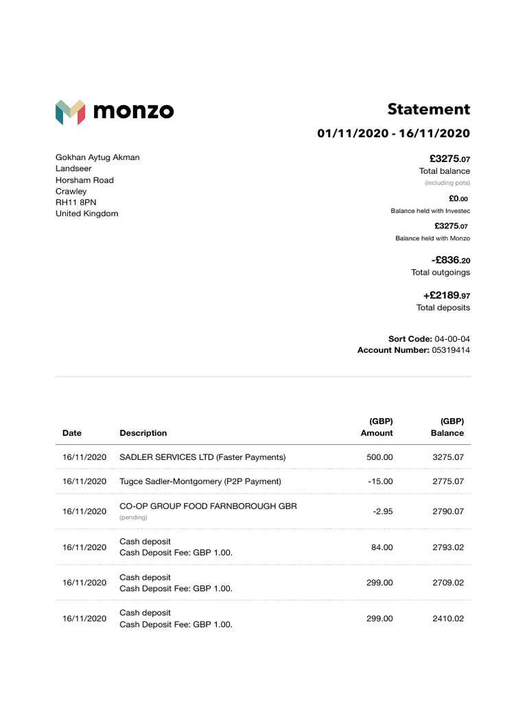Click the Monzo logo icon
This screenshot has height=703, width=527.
[x=70, y=112]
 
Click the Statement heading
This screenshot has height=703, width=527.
[x=428, y=109]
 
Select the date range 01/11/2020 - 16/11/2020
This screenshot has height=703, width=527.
[x=393, y=133]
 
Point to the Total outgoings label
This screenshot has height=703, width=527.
[x=441, y=273]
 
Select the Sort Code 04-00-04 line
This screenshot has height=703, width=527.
[x=429, y=339]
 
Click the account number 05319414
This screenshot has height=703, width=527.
[x=450, y=350]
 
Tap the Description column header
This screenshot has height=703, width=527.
[x=143, y=433]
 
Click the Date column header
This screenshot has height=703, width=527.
[x=71, y=433]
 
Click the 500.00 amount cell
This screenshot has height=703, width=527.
[x=380, y=457]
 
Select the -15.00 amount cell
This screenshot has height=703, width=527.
[x=380, y=481]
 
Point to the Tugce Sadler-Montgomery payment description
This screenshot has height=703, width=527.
[x=200, y=481]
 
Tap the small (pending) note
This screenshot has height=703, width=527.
[x=134, y=517]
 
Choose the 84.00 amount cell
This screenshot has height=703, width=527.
[x=382, y=547]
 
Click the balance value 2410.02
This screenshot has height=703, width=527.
[x=447, y=619]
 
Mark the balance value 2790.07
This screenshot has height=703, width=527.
[x=447, y=511]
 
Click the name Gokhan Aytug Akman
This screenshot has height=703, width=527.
[x=97, y=157]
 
